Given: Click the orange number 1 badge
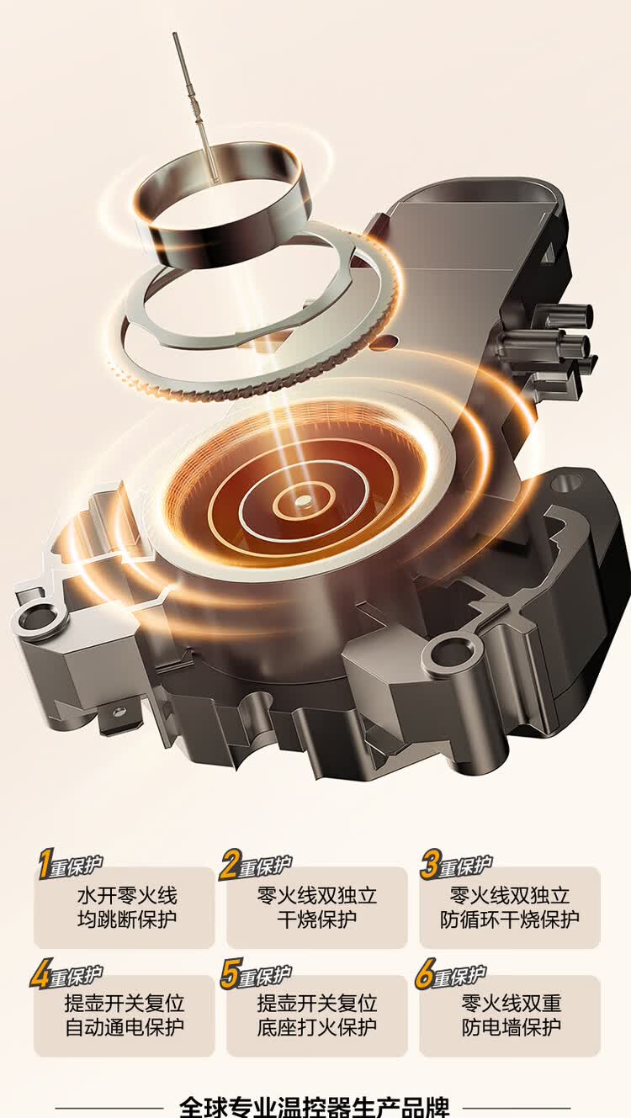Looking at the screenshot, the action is [45, 865].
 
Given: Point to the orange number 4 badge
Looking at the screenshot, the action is [40, 974].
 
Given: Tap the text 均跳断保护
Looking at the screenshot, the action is [127, 919].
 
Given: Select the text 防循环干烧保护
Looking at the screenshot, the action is [509, 919].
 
